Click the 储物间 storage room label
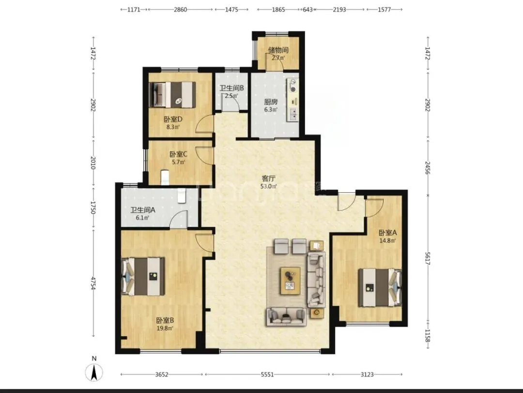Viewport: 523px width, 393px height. click(278, 50)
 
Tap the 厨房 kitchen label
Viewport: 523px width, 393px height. click(271, 102)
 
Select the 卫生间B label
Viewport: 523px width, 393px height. click(231, 88)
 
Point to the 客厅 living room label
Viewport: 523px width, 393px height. click(268, 179)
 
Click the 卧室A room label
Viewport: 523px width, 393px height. click(387, 233)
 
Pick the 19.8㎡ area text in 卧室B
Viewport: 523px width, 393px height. click(165, 328)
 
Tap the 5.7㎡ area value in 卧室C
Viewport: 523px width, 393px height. click(178, 162)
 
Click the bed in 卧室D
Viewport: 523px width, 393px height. click(172, 94)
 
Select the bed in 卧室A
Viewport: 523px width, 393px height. click(380, 287)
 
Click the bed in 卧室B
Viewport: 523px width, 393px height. click(143, 276)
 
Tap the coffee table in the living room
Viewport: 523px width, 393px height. click(291, 281)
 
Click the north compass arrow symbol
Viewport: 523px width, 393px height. click(94, 373)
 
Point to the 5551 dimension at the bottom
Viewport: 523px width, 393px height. click(267, 375)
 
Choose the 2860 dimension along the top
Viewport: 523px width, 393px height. click(180, 10)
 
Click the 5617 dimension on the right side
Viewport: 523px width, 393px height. click(428, 258)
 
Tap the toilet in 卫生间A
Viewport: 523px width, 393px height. click(181, 196)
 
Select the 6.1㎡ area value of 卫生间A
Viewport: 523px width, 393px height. click(142, 218)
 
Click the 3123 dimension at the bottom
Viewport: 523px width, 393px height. click(367, 375)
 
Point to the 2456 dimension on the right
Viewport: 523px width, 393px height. click(428, 168)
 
